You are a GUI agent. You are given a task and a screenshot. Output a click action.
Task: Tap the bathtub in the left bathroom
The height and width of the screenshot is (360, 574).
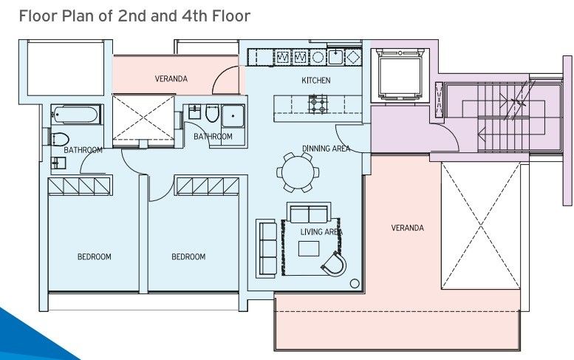pyautogui.click(x=75, y=115)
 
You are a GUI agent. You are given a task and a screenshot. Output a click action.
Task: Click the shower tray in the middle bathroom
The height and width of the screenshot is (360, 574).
pyautogui.click(x=233, y=116)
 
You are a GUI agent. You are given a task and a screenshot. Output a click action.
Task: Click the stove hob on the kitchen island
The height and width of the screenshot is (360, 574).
pyautogui.click(x=318, y=104)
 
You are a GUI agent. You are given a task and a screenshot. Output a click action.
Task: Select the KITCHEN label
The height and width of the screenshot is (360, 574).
pyautogui.click(x=315, y=80)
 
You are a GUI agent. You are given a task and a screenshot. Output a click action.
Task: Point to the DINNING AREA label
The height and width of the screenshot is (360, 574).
pyautogui.click(x=326, y=149)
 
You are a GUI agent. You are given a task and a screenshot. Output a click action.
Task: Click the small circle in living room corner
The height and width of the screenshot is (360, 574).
pyautogui.click(x=355, y=282)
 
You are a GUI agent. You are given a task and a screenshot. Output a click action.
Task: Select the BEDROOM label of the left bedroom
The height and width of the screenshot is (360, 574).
pyautogui.click(x=94, y=257)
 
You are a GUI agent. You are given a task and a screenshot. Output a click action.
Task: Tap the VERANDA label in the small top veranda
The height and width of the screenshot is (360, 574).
pyautogui.click(x=171, y=79)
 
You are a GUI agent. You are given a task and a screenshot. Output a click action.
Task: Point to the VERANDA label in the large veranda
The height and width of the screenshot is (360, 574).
pyautogui.click(x=407, y=228)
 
